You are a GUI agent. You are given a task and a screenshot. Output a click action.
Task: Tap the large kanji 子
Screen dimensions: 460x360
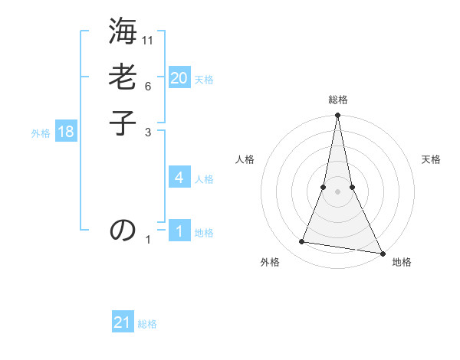tap(123, 123)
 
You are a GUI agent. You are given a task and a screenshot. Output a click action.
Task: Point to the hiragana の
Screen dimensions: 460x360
tap(123, 230)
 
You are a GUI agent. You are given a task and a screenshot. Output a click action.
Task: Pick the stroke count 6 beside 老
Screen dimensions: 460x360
tap(148, 87)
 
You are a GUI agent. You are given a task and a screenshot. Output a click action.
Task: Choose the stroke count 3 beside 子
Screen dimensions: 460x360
tap(148, 133)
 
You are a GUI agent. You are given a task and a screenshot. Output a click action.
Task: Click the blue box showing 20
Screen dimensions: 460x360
tap(179, 77)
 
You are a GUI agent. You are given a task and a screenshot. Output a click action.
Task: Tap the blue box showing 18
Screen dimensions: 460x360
tap(66, 132)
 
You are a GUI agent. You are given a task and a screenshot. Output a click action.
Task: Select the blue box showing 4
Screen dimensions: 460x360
tap(179, 178)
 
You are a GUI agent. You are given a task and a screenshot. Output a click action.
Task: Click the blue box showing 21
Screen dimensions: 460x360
tap(123, 322)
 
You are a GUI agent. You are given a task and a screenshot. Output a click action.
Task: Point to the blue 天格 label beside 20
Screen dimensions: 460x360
tap(204, 80)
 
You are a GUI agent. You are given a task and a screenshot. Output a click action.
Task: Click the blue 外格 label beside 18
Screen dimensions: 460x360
tap(41, 133)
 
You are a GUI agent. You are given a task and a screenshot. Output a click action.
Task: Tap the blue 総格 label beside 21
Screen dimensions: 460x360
tap(147, 325)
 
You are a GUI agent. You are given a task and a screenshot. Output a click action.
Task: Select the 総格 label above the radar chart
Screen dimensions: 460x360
tap(337, 100)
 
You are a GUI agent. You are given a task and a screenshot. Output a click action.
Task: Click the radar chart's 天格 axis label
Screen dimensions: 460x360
tap(431, 159)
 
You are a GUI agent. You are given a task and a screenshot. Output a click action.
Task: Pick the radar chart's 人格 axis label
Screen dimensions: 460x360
tap(245, 159)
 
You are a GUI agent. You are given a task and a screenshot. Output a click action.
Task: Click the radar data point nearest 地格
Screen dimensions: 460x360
tap(382, 253)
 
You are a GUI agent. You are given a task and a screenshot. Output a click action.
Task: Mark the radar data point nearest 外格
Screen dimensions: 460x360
tap(302, 242)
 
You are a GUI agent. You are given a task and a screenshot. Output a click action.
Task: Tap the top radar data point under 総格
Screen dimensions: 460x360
tap(337, 116)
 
